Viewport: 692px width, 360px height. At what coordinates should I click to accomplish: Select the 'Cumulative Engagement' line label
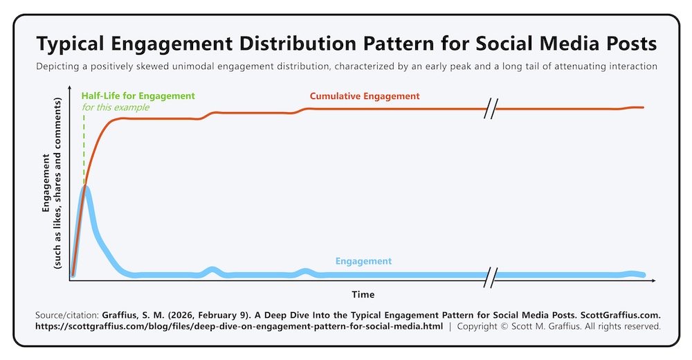pos(365,96)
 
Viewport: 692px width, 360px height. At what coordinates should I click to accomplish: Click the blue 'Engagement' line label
pos(363,261)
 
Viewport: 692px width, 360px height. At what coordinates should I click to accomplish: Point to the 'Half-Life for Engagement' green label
pos(138,96)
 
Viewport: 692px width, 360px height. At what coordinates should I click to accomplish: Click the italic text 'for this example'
pos(115,107)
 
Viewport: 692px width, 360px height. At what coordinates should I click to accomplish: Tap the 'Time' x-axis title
pos(363,294)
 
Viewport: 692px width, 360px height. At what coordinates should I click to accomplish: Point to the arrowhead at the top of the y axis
pos(71,89)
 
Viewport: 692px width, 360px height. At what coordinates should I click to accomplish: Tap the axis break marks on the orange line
pos(491,109)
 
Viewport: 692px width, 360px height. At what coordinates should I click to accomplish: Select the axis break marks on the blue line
pos(491,275)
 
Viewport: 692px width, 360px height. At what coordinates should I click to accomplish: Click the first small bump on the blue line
pos(212,271)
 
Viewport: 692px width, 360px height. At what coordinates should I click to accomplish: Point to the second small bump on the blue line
pos(304,271)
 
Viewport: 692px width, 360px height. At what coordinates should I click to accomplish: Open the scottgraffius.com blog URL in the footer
pos(239,325)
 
